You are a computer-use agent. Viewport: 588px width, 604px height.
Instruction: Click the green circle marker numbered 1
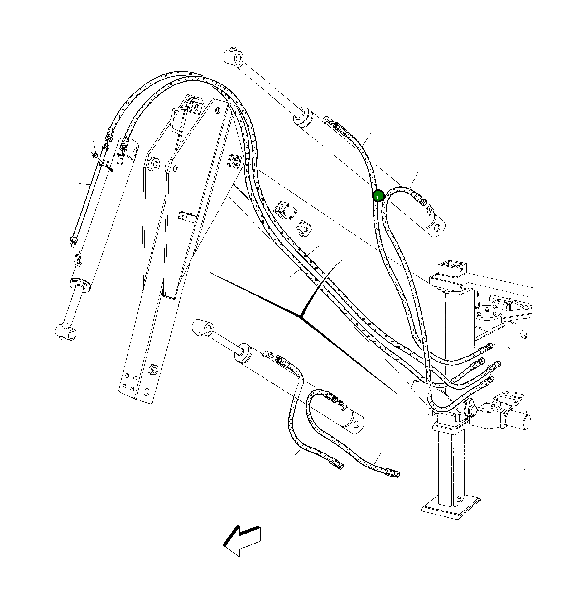click(x=378, y=196)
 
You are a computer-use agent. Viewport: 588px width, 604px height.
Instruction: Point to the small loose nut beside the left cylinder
click(x=95, y=155)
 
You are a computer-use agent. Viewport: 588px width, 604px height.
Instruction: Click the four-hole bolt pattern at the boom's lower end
click(x=129, y=383)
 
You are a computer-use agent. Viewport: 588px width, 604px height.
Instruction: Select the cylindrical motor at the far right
click(x=519, y=421)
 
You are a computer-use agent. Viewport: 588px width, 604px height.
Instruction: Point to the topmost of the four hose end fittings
click(x=489, y=347)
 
